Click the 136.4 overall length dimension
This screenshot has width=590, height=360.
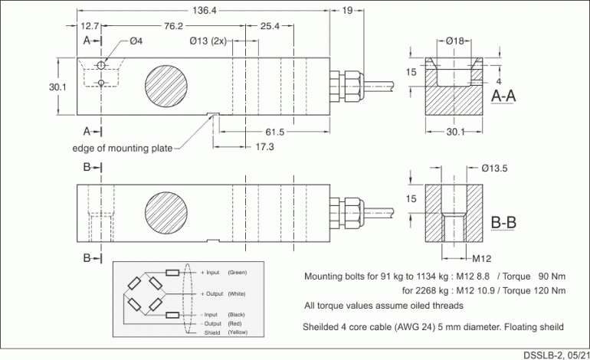tap(203, 11)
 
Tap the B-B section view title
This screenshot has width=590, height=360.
tap(503, 223)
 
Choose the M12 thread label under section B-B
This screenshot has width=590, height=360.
tap(481, 258)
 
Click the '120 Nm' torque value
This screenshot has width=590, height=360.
tap(549, 290)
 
